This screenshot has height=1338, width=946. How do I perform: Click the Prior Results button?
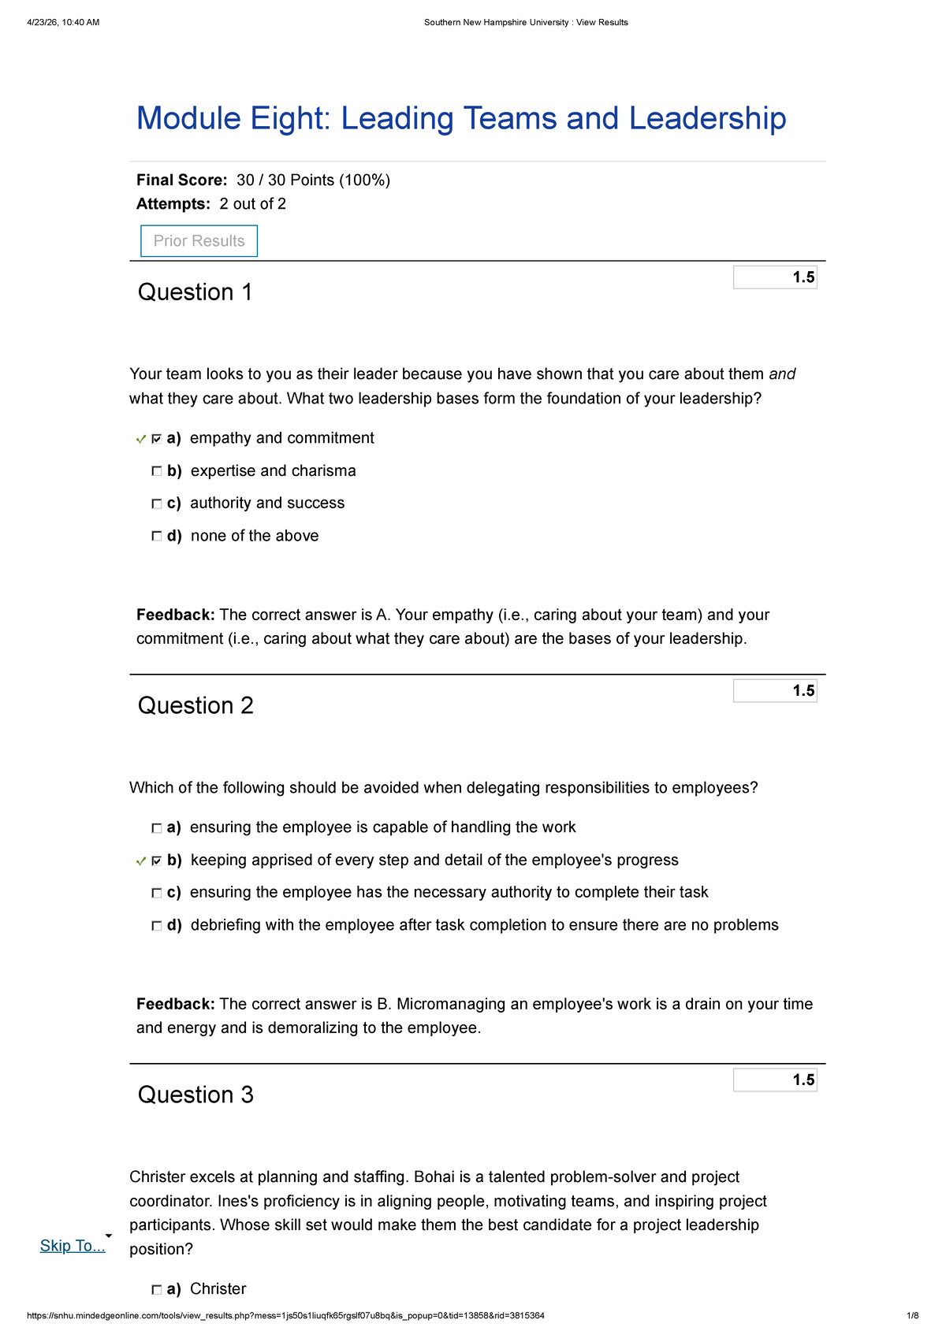[x=199, y=241]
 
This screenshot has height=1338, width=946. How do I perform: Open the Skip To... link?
[x=73, y=1246]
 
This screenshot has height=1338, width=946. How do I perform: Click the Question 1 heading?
[x=195, y=292]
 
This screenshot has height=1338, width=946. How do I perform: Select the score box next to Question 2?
[x=775, y=691]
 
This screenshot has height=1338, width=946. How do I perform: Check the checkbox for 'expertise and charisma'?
[x=157, y=471]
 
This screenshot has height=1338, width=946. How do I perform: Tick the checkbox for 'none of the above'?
[x=157, y=536]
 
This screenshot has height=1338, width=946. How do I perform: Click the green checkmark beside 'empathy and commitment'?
[x=141, y=439]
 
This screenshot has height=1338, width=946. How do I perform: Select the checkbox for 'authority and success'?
[x=157, y=504]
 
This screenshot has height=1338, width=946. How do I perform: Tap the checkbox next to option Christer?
[x=157, y=1290]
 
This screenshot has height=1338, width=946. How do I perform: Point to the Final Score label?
[x=181, y=180]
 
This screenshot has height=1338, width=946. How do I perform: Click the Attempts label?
[x=173, y=204]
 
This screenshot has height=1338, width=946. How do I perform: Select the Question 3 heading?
[x=196, y=1095]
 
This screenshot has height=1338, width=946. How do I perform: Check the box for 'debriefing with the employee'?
[x=157, y=926]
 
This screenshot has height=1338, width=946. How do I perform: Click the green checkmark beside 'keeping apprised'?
[x=141, y=861]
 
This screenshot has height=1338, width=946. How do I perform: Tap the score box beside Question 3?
[x=775, y=1080]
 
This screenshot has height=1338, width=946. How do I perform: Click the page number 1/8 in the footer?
[x=912, y=1316]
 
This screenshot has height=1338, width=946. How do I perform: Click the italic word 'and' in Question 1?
[x=782, y=374]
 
